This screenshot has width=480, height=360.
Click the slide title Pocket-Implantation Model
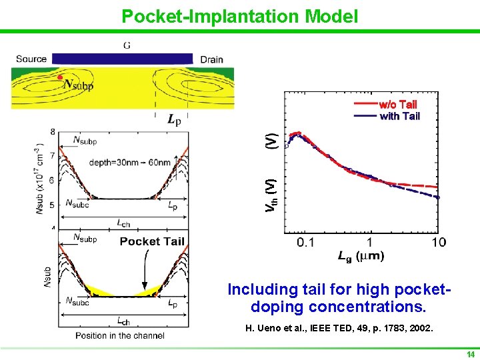(x=239, y=16)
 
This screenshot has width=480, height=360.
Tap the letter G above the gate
(x=126, y=45)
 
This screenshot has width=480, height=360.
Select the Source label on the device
(x=31, y=59)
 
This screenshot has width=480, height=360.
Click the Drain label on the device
(x=211, y=59)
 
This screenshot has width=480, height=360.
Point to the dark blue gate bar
(x=122, y=59)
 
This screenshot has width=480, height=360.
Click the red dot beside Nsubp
(x=60, y=78)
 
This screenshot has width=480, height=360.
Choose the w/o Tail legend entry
(x=397, y=104)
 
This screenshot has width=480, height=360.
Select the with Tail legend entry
(x=399, y=116)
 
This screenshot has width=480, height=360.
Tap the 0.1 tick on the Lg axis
(x=306, y=242)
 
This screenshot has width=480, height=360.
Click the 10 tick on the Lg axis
(x=438, y=242)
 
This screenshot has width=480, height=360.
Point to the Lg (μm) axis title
(x=359, y=256)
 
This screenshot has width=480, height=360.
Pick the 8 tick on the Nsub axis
(x=52, y=131)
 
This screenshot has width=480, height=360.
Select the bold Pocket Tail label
(x=152, y=241)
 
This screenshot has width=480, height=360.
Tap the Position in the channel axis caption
(x=120, y=335)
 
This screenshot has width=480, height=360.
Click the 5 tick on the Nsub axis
(x=52, y=205)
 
